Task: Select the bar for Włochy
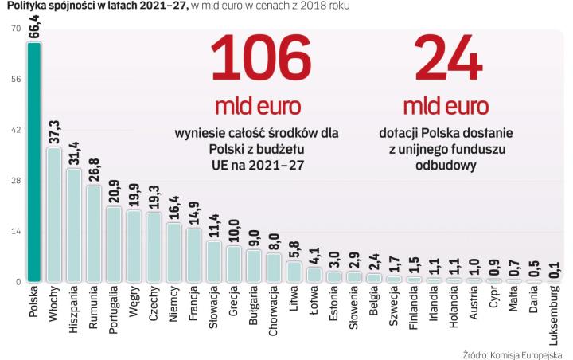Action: point(54,214)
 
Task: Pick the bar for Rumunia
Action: point(94,233)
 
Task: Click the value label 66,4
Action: point(34,22)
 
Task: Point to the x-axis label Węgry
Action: point(134,302)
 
